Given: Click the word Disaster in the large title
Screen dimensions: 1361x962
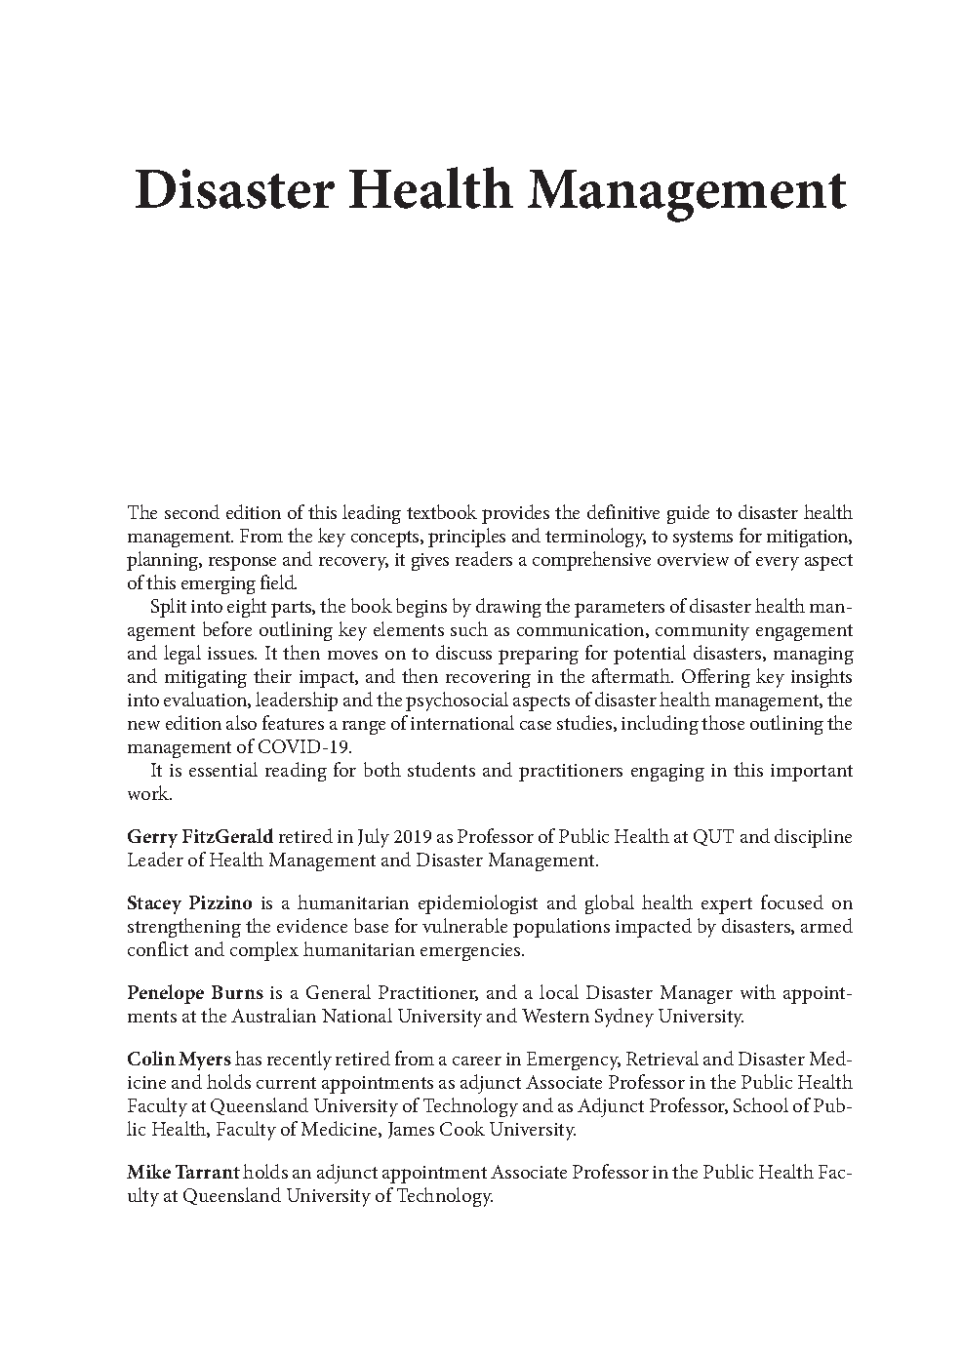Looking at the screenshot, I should coord(232,189).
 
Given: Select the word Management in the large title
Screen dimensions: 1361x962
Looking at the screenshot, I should coord(686,189).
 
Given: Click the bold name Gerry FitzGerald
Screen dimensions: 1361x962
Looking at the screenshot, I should coord(200,837).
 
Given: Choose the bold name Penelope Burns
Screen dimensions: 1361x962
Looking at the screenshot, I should coord(194,993).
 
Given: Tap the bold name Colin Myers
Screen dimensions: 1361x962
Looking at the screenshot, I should coord(172,1060).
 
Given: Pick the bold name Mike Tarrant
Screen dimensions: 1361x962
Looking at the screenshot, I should coord(182,1173).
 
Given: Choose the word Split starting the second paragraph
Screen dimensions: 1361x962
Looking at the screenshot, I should coord(168,607).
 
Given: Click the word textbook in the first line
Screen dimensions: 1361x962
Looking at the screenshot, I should coord(444,513).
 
